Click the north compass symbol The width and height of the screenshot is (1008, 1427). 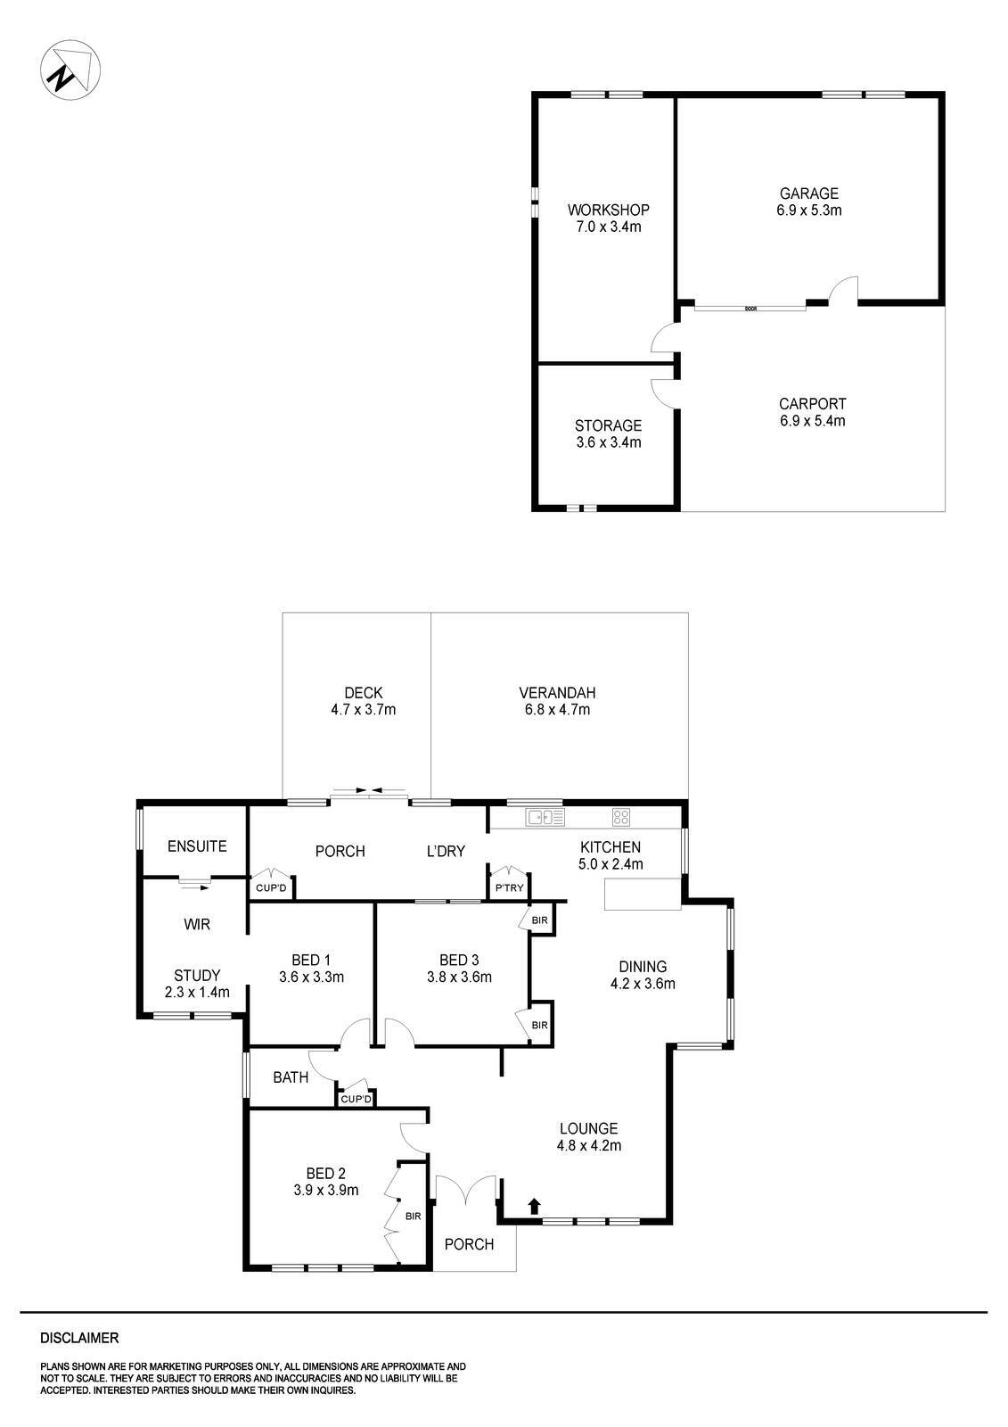tap(70, 69)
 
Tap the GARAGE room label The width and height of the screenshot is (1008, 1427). tap(809, 194)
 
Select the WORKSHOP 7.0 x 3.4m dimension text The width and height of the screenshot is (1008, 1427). tap(609, 227)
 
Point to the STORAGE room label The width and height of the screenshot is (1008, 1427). tap(608, 425)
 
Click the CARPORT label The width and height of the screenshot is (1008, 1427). tap(812, 403)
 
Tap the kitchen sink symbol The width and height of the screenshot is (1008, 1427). tap(545, 816)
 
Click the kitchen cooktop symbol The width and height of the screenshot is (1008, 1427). tap(621, 816)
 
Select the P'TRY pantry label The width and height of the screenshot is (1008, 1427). tap(509, 887)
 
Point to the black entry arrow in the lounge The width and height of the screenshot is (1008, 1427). tap(534, 1206)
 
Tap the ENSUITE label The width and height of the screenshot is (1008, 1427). tap(197, 846)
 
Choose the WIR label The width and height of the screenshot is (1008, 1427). tap(197, 925)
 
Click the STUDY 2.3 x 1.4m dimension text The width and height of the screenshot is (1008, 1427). tap(197, 992)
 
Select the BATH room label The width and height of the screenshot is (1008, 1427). tap(291, 1077)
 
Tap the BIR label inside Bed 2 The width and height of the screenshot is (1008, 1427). tap(413, 1216)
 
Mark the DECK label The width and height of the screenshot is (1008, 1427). tap(363, 693)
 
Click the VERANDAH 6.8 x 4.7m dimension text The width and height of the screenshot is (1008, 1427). tap(557, 711)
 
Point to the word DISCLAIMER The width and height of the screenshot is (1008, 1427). tap(79, 1338)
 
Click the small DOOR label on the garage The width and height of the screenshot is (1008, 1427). tap(750, 309)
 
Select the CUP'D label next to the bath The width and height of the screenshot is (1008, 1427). tap(356, 1100)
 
